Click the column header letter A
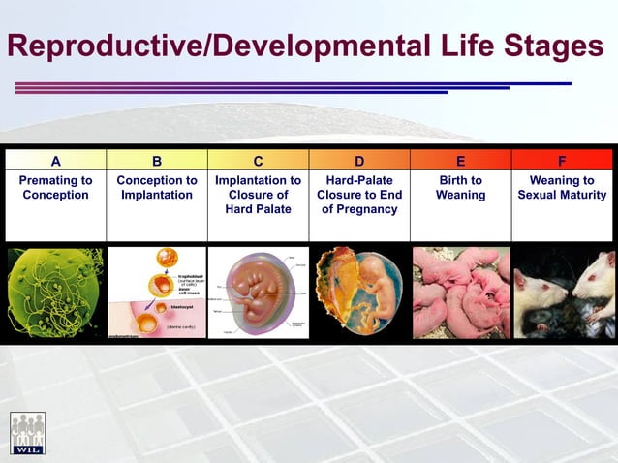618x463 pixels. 55,161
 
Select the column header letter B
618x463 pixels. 157,161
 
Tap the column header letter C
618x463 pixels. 258,161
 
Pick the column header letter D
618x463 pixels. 359,161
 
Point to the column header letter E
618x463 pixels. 460,161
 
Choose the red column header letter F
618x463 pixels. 562,161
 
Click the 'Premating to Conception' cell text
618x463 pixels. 55,188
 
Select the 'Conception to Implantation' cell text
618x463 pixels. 157,188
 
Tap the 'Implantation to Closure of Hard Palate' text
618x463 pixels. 258,195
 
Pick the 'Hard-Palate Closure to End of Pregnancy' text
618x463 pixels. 359,195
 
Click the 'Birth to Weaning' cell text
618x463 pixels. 460,188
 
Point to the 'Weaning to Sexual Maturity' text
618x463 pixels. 562,188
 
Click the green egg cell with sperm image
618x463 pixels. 55,292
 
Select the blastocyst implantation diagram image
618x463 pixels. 157,292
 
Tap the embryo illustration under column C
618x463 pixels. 258,292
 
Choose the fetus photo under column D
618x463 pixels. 359,292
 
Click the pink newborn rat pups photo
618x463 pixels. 460,292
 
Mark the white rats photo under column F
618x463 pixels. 563,292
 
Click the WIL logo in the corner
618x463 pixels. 27,433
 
